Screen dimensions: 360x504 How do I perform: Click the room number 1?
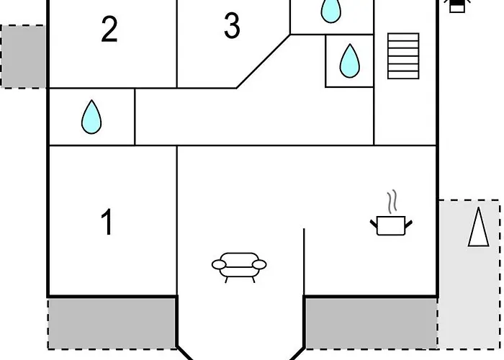pyautogui.click(x=107, y=222)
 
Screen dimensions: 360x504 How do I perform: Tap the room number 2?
pyautogui.click(x=109, y=30)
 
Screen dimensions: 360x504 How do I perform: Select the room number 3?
pyautogui.click(x=231, y=27)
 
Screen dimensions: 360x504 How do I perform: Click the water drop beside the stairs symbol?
pyautogui.click(x=349, y=60)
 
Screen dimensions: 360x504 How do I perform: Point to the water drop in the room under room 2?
pyautogui.click(x=91, y=117)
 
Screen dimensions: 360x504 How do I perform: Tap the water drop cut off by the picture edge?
pyautogui.click(x=330, y=10)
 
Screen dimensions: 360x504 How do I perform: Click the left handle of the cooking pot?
pyautogui.click(x=374, y=226)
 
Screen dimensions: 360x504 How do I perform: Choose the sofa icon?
pyautogui.click(x=239, y=266)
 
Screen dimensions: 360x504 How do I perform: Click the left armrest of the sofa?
pyautogui.click(x=219, y=265)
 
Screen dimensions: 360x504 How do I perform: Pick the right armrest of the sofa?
pyautogui.click(x=259, y=265)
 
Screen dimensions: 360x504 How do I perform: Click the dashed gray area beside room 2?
pyautogui.click(x=23, y=56)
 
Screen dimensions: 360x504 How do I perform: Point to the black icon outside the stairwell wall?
pyautogui.click(x=456, y=6)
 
